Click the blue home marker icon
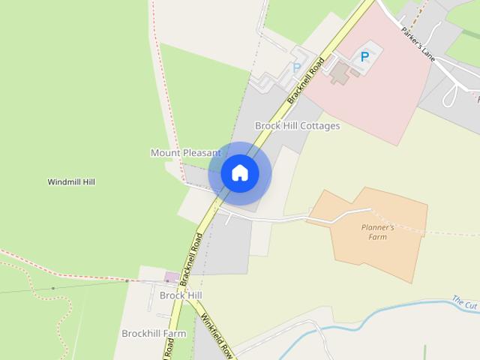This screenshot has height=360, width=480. pyautogui.click(x=240, y=173)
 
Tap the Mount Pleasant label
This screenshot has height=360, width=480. pyautogui.click(x=185, y=153)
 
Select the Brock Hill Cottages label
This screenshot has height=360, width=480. pyautogui.click(x=297, y=126)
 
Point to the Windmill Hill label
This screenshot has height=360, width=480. pyautogui.click(x=71, y=182)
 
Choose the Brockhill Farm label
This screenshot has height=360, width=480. pyautogui.click(x=153, y=333)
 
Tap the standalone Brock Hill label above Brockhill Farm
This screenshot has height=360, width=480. pyautogui.click(x=181, y=295)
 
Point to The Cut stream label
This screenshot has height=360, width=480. pyautogui.click(x=465, y=304)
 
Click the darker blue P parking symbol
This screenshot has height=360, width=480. pyautogui.click(x=365, y=56)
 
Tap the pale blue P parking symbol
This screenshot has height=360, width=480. pyautogui.click(x=296, y=67)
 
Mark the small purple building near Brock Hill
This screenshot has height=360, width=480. pyautogui.click(x=172, y=277)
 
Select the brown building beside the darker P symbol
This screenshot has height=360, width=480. pyautogui.click(x=340, y=73)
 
